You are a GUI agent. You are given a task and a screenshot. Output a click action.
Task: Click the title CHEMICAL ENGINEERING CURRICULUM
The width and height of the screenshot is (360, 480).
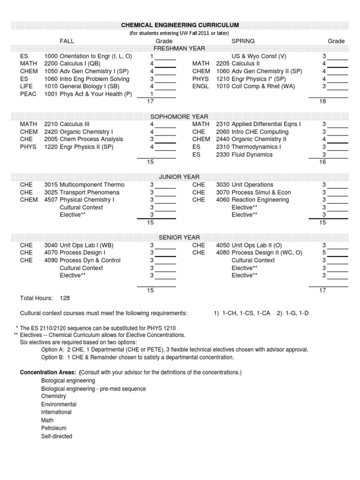tap(180, 25)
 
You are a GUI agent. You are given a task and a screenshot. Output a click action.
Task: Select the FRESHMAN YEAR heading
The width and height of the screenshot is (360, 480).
tap(180, 48)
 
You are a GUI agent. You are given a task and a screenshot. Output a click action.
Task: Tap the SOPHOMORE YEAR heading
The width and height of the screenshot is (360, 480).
tap(180, 116)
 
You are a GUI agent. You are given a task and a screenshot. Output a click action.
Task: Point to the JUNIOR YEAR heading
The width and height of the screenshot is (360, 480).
tap(180, 177)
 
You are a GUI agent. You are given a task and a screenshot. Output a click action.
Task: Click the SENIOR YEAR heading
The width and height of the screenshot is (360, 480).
tap(180, 238)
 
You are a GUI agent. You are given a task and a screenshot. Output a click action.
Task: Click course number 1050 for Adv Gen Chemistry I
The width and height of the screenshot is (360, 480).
tap(51, 71)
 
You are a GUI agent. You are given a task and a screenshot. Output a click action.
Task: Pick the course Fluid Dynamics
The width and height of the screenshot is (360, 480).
tap(252, 155)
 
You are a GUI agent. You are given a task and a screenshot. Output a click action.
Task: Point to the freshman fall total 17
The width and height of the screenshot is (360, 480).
tap(150, 101)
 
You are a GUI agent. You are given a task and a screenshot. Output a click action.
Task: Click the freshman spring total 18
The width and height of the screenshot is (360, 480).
tap(322, 101)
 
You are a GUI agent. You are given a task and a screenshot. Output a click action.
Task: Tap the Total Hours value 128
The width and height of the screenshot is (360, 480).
tap(65, 298)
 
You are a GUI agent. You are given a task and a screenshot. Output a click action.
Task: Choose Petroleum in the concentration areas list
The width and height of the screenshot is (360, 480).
tap(53, 428)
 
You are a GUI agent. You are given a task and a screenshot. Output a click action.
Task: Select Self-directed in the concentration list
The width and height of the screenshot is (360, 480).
tap(57, 436)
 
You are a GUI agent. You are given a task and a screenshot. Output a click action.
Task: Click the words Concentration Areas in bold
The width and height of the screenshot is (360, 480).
tap(48, 373)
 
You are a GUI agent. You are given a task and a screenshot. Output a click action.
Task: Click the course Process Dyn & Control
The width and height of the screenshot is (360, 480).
tap(90, 260)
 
